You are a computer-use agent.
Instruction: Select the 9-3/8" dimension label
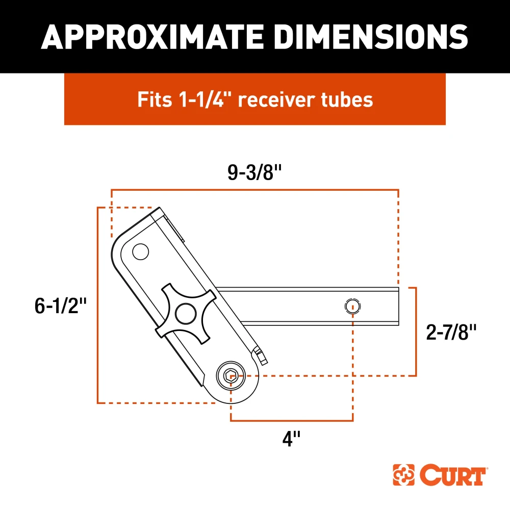pos(254,173)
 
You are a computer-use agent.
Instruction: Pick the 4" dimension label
pos(291,438)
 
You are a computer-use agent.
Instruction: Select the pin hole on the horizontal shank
pos(352,307)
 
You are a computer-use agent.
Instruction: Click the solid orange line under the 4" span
pos(292,421)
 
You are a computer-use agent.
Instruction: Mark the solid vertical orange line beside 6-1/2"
pos(97,306)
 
